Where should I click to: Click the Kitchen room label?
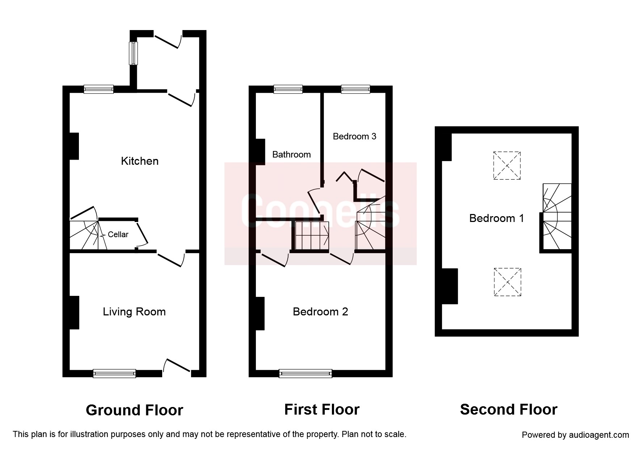click(140, 161)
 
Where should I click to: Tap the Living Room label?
click(134, 312)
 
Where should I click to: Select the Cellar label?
click(118, 235)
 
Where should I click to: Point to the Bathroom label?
click(291, 155)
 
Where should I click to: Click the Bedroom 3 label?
click(354, 137)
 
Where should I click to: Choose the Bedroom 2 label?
click(320, 312)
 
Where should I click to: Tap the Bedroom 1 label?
click(496, 218)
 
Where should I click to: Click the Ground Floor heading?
click(134, 410)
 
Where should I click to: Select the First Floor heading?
click(322, 410)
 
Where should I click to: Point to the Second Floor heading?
click(509, 410)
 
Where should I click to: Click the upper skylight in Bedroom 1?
click(507, 165)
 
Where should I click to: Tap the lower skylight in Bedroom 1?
click(507, 282)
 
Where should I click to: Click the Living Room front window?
click(114, 373)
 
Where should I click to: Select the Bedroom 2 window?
click(305, 373)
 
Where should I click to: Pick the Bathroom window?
click(288, 89)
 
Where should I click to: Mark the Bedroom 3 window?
click(355, 89)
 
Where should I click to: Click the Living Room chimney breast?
click(74, 313)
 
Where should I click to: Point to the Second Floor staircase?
click(557, 217)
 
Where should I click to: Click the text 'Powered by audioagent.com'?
click(575, 435)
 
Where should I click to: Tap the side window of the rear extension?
click(134, 53)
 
